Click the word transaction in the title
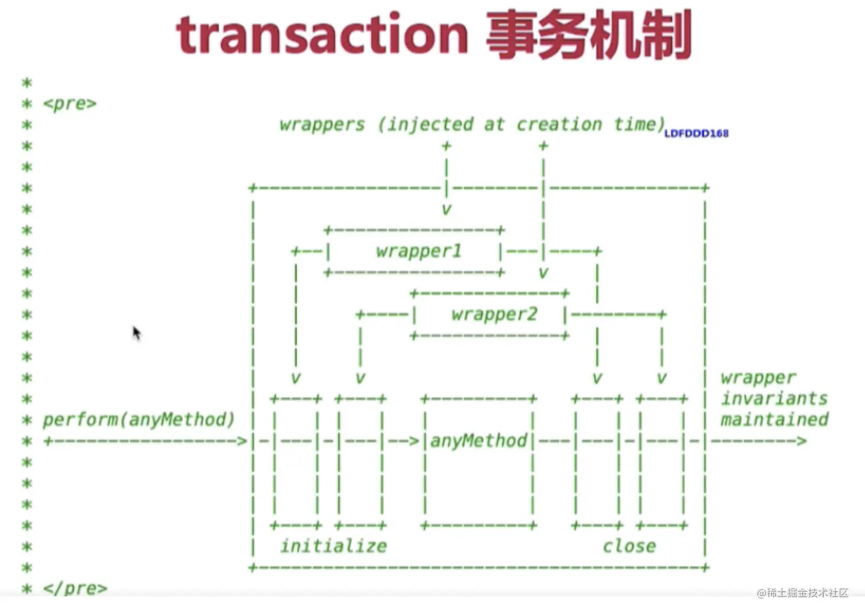tap(322, 35)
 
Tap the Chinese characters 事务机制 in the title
tap(589, 35)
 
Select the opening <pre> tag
tap(70, 104)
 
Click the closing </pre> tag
tap(75, 588)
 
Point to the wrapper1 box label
tap(418, 251)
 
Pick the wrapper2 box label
tap(494, 314)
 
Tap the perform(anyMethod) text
tap(138, 419)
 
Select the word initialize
tap(333, 546)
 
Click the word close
tap(629, 546)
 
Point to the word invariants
tap(774, 398)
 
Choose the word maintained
tap(774, 419)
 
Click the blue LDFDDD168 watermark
tap(696, 133)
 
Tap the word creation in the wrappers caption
tap(559, 124)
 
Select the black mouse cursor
tap(136, 332)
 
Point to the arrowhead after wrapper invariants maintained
tap(801, 441)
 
